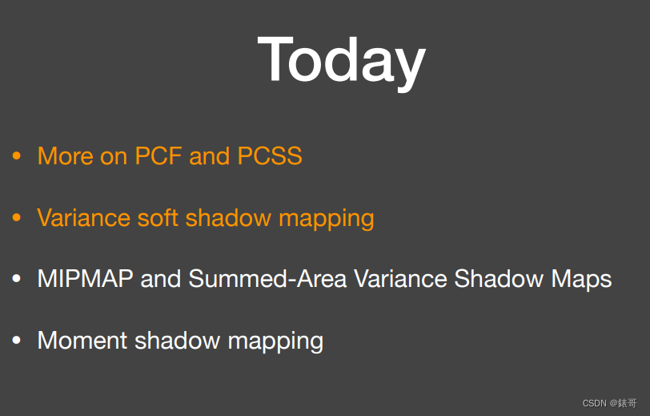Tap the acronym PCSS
click(x=270, y=155)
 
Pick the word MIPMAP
click(x=86, y=279)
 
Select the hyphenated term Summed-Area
click(x=268, y=279)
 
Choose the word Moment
click(x=82, y=341)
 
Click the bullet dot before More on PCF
click(x=17, y=156)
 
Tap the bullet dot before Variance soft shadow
click(x=17, y=218)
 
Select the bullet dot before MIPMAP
click(x=17, y=280)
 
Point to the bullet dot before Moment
click(x=17, y=341)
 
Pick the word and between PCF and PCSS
click(x=208, y=155)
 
